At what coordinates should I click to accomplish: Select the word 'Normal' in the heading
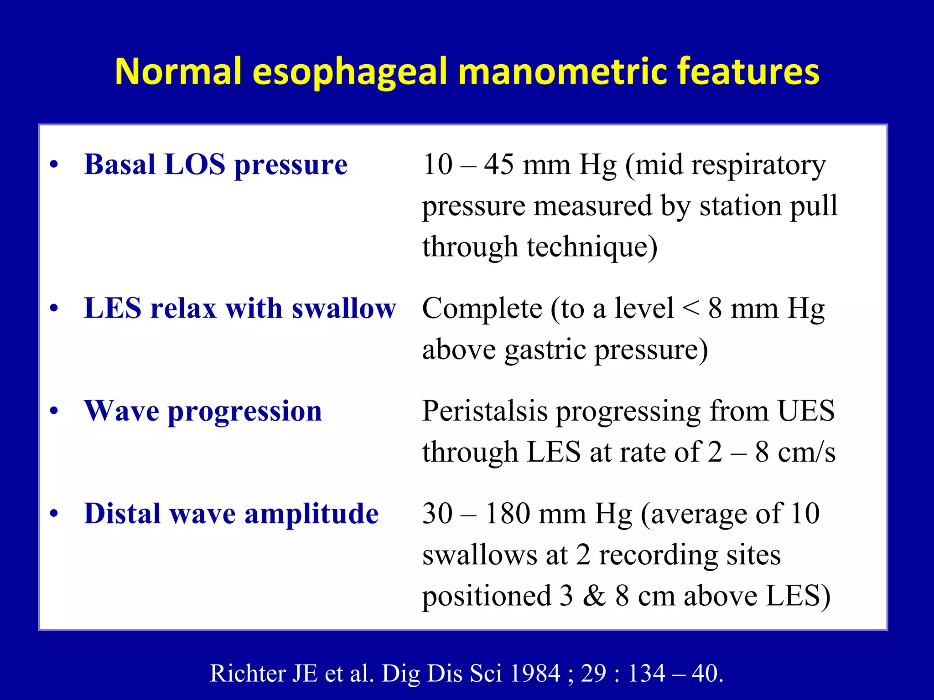(178, 72)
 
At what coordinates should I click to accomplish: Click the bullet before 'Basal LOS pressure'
(54, 165)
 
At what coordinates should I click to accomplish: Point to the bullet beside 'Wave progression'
(54, 412)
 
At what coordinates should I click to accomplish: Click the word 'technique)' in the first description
(592, 247)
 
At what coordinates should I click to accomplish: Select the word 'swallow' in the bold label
(344, 309)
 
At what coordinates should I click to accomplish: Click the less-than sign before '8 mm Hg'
(690, 309)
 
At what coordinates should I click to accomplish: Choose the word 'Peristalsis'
(484, 411)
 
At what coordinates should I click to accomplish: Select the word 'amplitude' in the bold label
(311, 514)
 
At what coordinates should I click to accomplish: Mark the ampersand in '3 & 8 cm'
(594, 596)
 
